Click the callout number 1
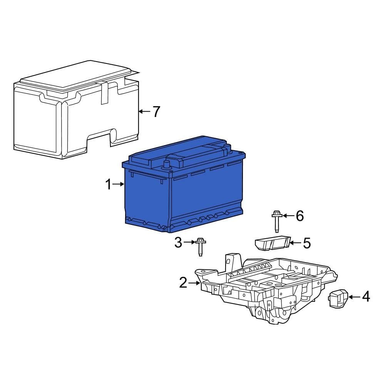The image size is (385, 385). coord(108,185)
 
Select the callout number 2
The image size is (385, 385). coord(183,283)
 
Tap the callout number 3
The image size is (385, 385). coord(178,242)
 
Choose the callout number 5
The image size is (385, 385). coord(306,243)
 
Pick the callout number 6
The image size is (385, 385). coord(299,216)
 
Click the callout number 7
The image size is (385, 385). coord(156,112)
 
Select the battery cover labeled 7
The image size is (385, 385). coord(73,115)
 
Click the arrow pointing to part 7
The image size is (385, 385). coord(144,112)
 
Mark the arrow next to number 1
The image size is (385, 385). coord(119,185)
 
